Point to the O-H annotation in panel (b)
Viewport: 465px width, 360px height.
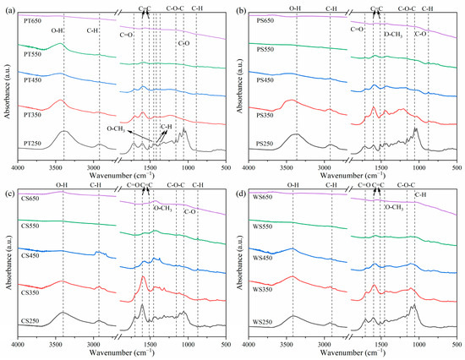[x=294, y=8]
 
